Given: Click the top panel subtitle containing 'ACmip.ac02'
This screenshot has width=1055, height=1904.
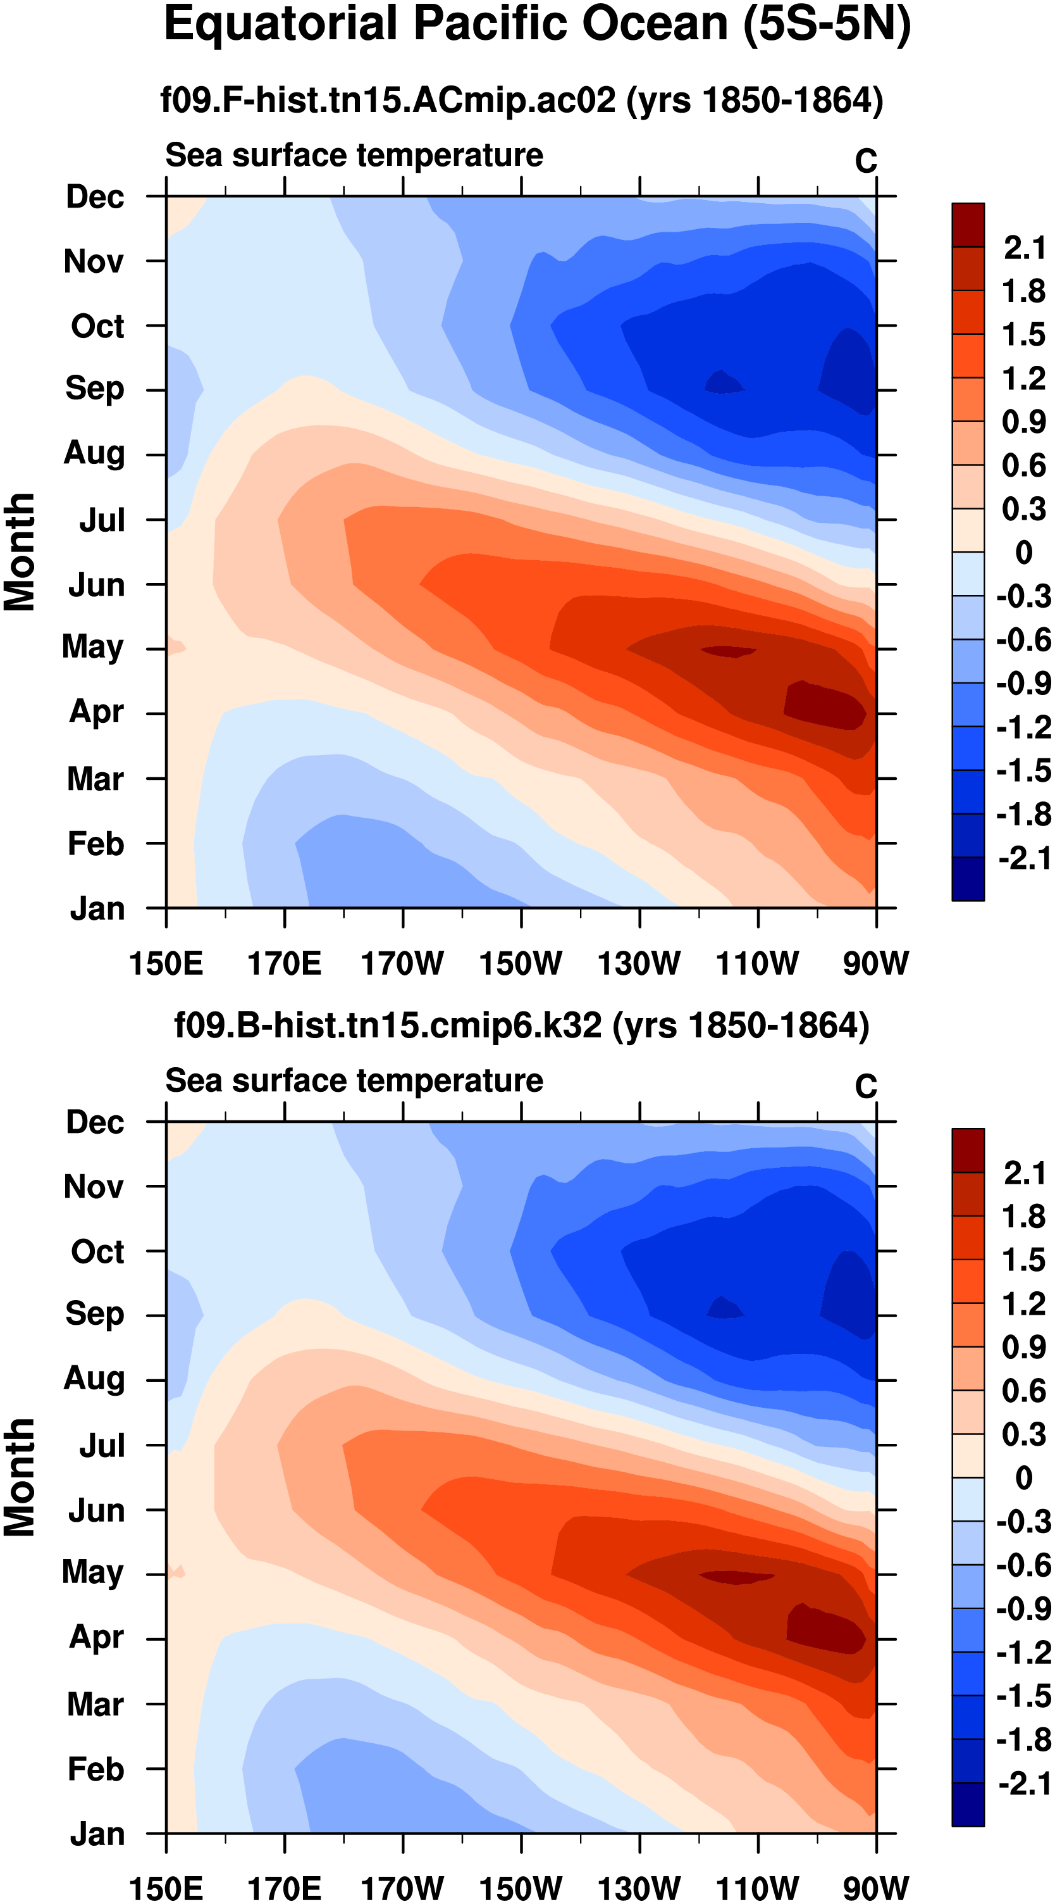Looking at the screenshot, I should pyautogui.click(x=522, y=100).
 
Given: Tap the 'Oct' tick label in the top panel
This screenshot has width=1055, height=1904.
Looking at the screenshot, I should pyautogui.click(x=97, y=326).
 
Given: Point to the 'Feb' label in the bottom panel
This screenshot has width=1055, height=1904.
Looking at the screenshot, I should pyautogui.click(x=96, y=1769).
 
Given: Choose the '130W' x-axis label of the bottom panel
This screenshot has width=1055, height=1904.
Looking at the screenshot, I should pyautogui.click(x=639, y=1888).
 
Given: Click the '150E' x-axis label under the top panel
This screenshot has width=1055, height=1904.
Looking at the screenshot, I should pyautogui.click(x=166, y=964).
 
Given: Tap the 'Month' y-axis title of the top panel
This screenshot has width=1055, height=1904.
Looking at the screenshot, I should pyautogui.click(x=20, y=552).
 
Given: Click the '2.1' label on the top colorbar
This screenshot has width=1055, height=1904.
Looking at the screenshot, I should pyautogui.click(x=1024, y=247).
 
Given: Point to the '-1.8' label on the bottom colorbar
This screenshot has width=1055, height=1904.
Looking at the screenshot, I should pyautogui.click(x=1024, y=1740).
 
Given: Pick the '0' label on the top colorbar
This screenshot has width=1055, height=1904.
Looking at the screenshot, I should pyautogui.click(x=1024, y=552).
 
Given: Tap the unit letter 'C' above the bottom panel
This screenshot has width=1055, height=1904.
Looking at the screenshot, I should pyautogui.click(x=866, y=1087).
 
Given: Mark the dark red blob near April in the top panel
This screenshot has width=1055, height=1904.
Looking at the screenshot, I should pyautogui.click(x=824, y=706).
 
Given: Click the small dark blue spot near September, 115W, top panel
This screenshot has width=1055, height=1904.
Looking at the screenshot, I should pyautogui.click(x=724, y=382).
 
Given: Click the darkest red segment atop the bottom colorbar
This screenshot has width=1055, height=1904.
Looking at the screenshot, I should pyautogui.click(x=968, y=1150).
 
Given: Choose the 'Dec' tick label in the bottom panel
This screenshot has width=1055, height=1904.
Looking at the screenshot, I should pyautogui.click(x=95, y=1123).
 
